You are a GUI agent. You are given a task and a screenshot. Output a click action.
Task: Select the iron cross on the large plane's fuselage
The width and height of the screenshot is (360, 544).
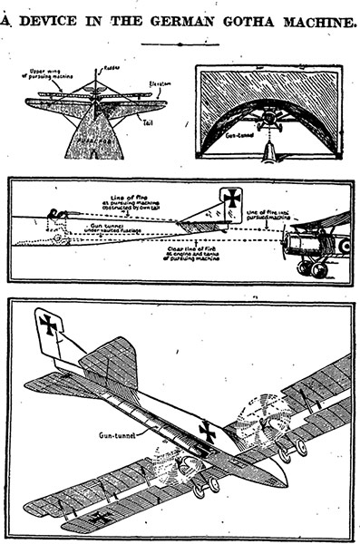[208, 431]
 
